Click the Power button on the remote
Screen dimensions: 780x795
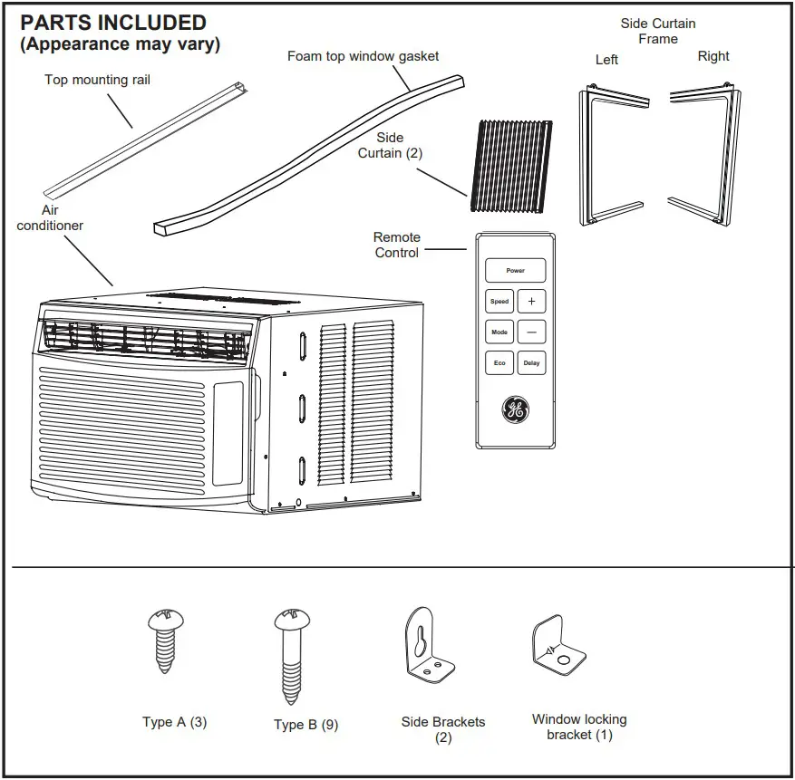coord(515,270)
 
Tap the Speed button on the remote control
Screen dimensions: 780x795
coord(499,302)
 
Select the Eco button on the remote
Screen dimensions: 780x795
coord(499,362)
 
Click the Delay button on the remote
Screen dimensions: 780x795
coord(531,362)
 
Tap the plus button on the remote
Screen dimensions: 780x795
coord(531,302)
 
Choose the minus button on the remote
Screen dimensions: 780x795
coord(531,332)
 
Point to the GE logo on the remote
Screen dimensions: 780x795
coord(515,410)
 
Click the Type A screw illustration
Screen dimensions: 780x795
coord(165,641)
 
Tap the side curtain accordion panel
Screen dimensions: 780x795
coord(510,166)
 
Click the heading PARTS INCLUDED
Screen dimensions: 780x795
coord(113,23)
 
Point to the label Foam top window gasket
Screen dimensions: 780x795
coord(363,56)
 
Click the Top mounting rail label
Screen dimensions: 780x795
coord(97,80)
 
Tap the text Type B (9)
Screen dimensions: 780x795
coord(305,725)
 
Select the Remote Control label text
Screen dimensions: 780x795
coord(397,245)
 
